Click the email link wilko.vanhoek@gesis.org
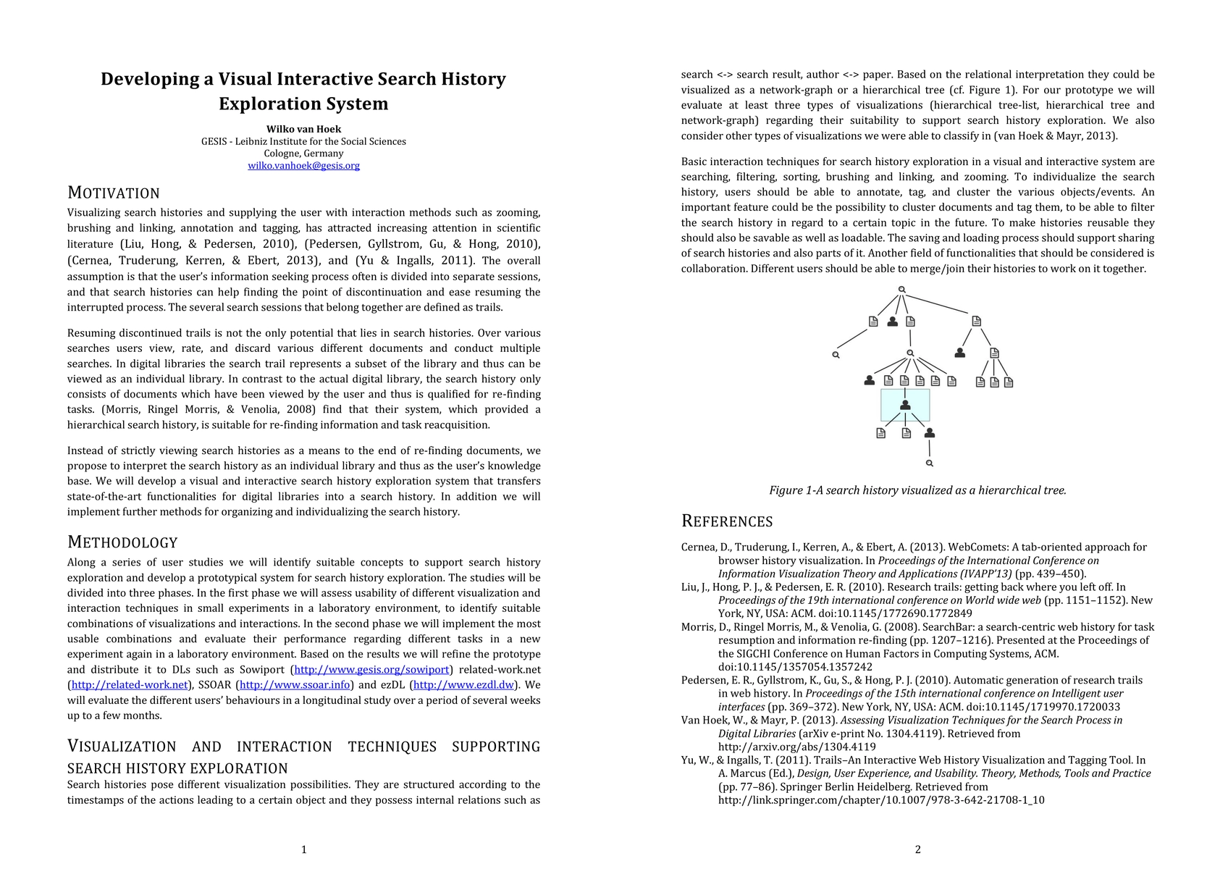point(303,166)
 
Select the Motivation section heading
point(114,193)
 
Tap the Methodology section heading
point(122,542)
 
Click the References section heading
point(727,521)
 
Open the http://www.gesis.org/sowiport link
point(371,670)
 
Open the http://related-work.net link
point(130,685)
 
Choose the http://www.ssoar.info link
point(295,685)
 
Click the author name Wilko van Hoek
point(303,130)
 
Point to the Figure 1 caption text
point(917,490)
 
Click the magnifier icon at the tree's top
point(901,290)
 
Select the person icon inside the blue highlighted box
point(905,406)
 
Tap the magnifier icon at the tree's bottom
point(930,463)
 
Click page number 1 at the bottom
point(303,849)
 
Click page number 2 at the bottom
point(917,849)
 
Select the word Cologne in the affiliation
point(283,154)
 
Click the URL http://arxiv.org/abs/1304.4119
point(796,747)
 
